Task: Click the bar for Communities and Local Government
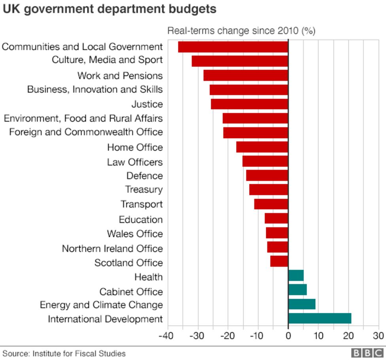(233, 47)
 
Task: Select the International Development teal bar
(320, 319)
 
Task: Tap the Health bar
(296, 275)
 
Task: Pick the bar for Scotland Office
(279, 261)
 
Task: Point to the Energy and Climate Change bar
(302, 304)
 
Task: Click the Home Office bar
(262, 147)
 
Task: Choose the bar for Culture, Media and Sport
(240, 61)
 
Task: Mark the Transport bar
(271, 204)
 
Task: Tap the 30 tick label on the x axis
(378, 336)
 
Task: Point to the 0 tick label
(288, 336)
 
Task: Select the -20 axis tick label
(228, 336)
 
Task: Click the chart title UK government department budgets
(110, 9)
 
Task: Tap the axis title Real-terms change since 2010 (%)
(241, 31)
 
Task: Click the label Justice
(147, 104)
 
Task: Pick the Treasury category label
(144, 189)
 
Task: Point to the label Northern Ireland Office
(112, 249)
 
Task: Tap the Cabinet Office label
(131, 292)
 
